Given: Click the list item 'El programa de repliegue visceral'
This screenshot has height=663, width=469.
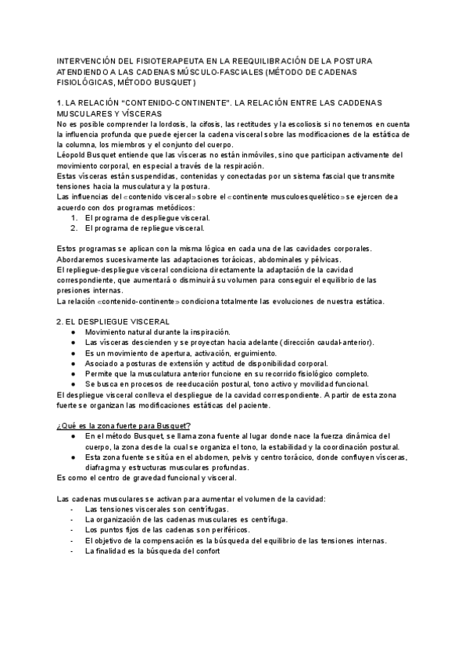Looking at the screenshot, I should [x=144, y=228].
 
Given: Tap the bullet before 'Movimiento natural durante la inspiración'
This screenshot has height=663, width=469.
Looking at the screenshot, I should [x=73, y=332].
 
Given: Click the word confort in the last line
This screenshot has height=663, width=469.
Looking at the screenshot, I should [x=208, y=550].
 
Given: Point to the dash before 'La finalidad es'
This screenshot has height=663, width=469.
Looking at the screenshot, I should [x=71, y=550].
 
